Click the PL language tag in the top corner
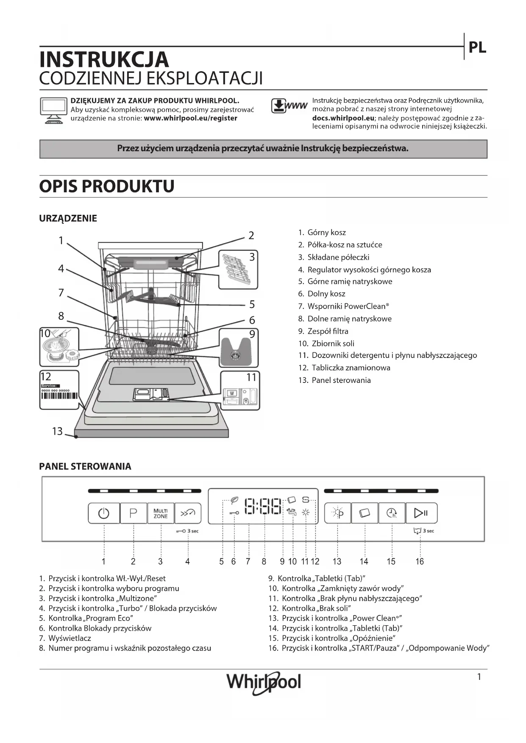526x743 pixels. click(x=477, y=48)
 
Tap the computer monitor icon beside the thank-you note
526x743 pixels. click(x=53, y=110)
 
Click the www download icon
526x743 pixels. click(x=289, y=106)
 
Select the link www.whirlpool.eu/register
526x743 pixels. click(x=190, y=118)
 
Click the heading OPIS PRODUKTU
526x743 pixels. click(x=107, y=186)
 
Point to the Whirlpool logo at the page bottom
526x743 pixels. click(x=264, y=682)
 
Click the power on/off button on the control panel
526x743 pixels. click(x=104, y=513)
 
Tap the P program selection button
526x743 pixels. click(x=133, y=513)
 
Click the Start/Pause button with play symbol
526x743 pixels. click(x=421, y=513)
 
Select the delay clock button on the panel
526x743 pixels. click(x=392, y=513)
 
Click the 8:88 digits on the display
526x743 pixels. click(x=264, y=506)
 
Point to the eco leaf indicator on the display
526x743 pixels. click(x=234, y=500)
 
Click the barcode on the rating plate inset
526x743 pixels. click(x=59, y=396)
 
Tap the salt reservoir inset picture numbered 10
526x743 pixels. click(x=59, y=347)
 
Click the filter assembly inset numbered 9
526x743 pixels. click(x=239, y=348)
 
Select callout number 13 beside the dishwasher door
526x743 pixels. click(x=57, y=431)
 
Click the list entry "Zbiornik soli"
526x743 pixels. click(x=333, y=344)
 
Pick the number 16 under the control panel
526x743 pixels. click(x=420, y=562)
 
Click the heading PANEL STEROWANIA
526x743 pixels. click(x=85, y=466)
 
